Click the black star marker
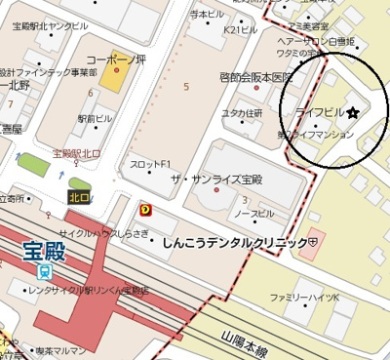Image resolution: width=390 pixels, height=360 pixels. tap(352, 113)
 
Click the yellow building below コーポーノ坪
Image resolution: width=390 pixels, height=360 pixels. tap(113, 79)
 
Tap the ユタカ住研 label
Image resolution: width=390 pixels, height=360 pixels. tap(242, 113)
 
